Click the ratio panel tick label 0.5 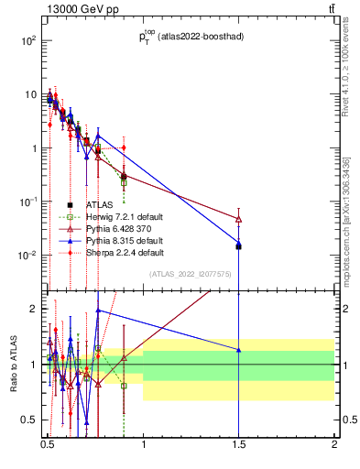click(29, 420)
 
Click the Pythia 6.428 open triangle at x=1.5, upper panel click(238, 220)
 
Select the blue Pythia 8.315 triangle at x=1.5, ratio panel click(238, 350)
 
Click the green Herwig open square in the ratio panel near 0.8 click(124, 386)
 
